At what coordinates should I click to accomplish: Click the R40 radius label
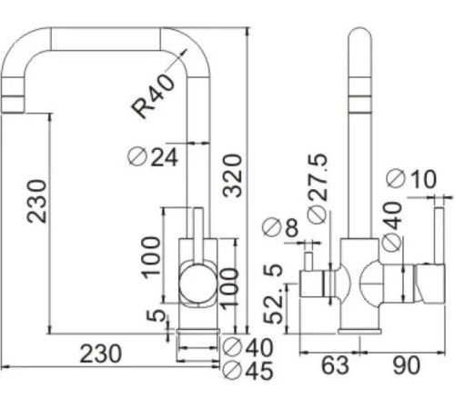coord(153,95)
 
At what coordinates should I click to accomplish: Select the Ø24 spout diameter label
coord(153,157)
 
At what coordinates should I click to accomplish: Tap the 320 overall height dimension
coord(233,175)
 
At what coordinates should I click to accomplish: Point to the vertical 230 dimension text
coord(37,201)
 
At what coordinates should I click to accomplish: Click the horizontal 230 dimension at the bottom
coord(101,354)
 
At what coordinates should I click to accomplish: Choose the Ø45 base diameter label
coord(248,370)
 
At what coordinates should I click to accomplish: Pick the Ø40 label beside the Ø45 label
coord(248,347)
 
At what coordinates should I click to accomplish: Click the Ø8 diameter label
coord(280,227)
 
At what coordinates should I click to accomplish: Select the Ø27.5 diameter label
coord(318,188)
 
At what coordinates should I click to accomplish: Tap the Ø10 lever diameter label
coord(411,179)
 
